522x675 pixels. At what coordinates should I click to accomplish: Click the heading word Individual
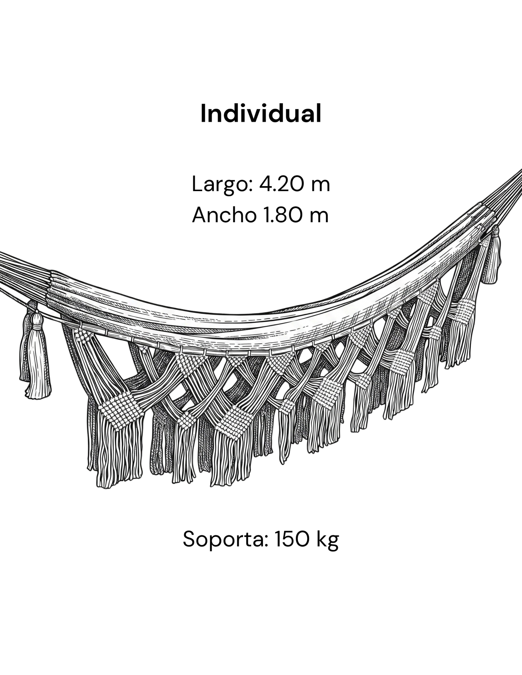[x=261, y=113]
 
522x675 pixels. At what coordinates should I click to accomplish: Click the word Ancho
[x=223, y=215]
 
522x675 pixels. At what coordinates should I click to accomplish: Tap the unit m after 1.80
[x=319, y=218]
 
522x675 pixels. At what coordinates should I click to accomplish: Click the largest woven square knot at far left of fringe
[x=119, y=410]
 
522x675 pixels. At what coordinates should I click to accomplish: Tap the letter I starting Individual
[x=203, y=113]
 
